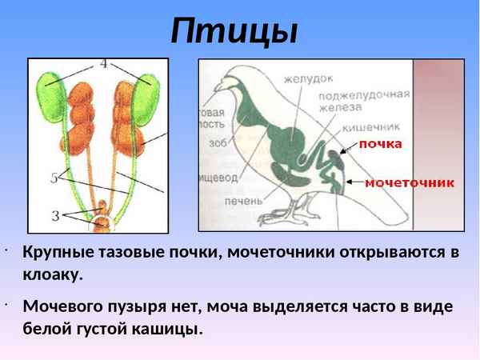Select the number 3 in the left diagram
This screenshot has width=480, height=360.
click(55, 214)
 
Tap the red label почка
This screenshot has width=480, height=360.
click(379, 144)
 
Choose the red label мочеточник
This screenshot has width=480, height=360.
click(410, 182)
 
